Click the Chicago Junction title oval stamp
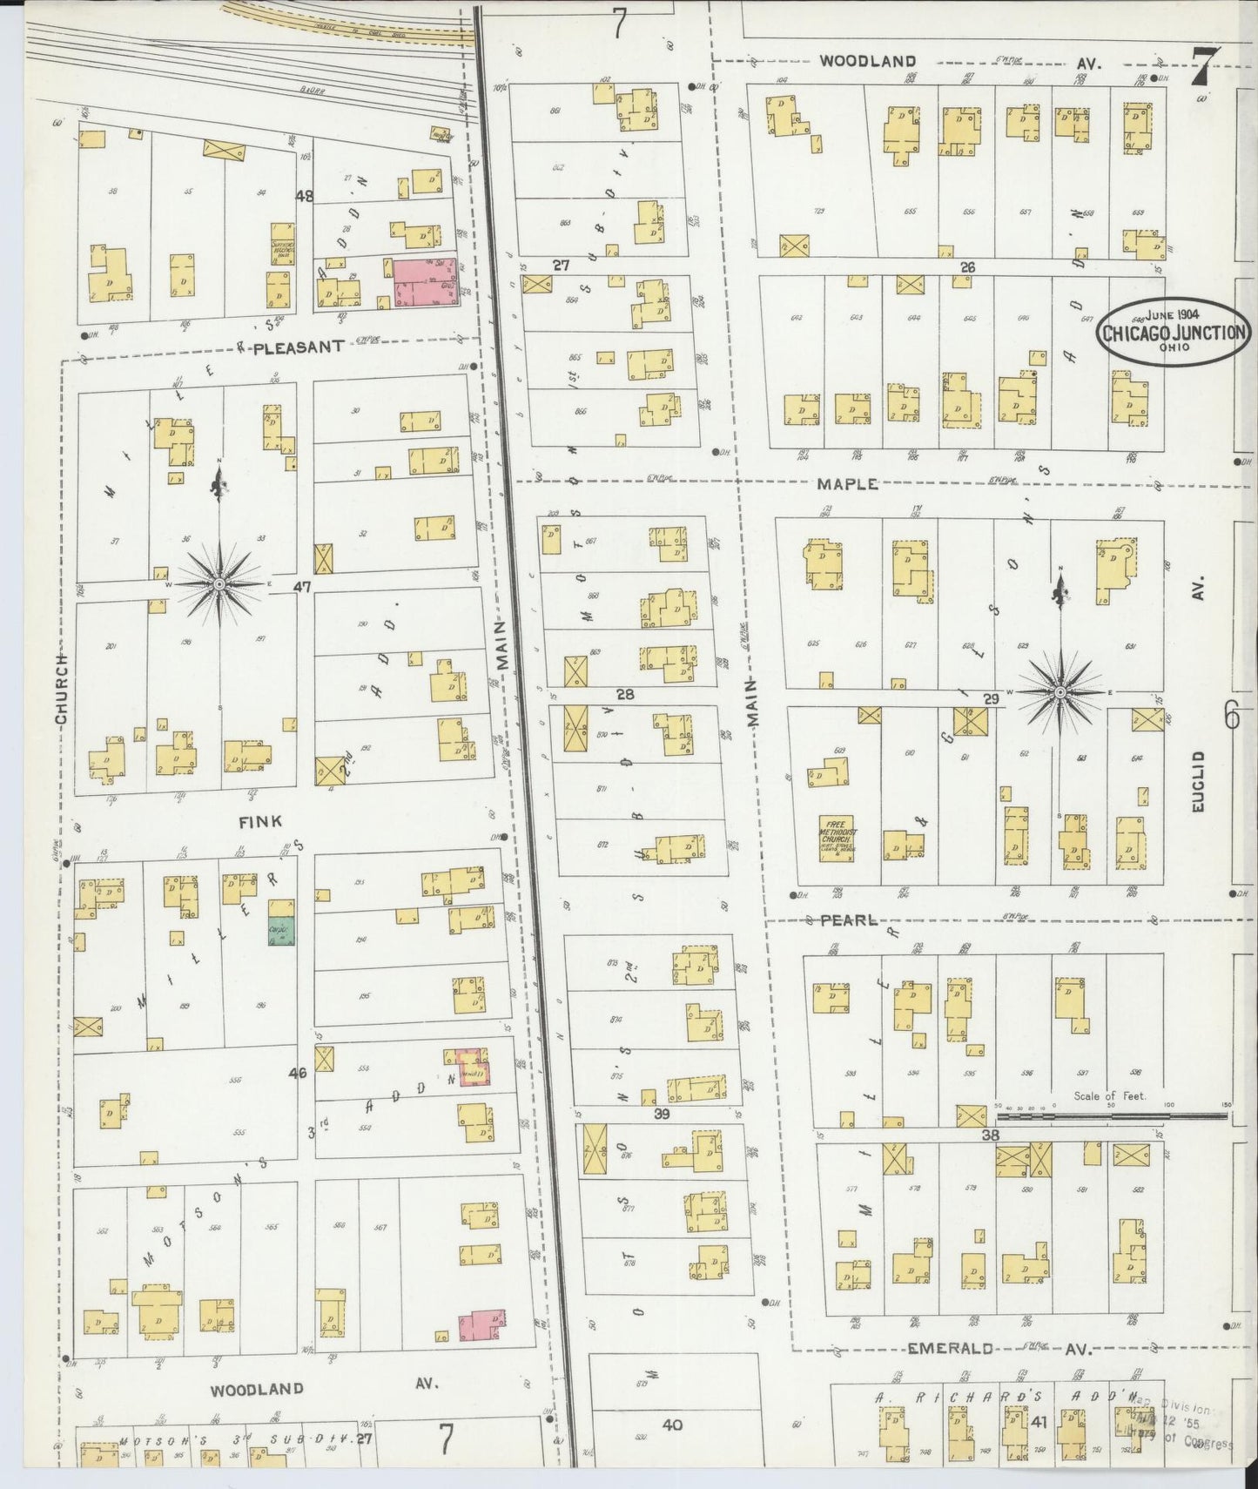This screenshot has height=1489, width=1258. click(x=1174, y=332)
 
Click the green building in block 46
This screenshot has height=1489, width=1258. click(x=281, y=932)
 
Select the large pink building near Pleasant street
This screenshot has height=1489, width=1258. click(x=426, y=282)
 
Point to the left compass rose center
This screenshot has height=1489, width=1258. click(x=220, y=583)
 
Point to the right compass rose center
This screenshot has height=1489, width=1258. click(x=1060, y=692)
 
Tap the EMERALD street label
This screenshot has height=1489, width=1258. click(x=950, y=1373)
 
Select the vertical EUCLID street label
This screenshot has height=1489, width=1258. click(x=1198, y=781)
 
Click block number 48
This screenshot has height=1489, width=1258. click(x=304, y=197)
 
